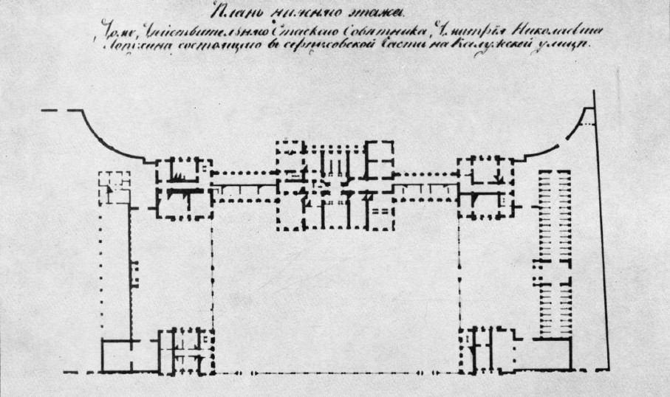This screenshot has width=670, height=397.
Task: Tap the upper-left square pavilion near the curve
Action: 183,188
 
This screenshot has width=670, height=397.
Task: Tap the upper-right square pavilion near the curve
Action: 485,188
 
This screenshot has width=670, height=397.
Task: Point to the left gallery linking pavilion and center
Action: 244,187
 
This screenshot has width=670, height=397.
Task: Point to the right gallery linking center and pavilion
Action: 425,187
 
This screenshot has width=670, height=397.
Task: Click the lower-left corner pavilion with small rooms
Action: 188,350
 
